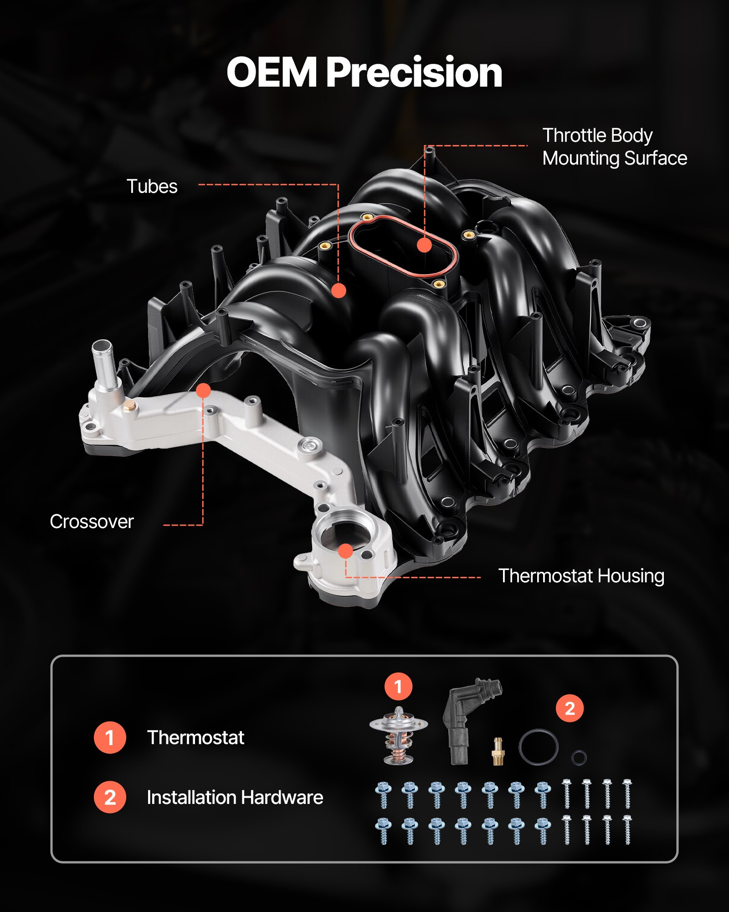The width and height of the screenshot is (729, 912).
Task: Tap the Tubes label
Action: [152, 187]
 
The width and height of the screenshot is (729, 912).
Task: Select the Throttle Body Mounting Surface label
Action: [614, 147]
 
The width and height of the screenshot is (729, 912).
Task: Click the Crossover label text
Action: [92, 522]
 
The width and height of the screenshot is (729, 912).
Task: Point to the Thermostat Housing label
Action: [581, 576]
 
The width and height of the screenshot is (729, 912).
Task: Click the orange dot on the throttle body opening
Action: [424, 245]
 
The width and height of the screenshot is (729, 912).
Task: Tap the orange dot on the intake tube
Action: [339, 290]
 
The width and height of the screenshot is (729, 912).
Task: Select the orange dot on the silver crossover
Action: [203, 390]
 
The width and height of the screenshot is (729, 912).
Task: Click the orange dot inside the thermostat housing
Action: [346, 551]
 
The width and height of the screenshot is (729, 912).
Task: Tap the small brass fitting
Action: [498, 751]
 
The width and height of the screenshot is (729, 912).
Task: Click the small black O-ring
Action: [579, 757]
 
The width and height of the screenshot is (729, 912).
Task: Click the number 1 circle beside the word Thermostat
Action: [110, 737]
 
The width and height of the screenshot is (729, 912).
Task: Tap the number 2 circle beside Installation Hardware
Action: [110, 797]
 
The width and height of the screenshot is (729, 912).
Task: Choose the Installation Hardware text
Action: [235, 798]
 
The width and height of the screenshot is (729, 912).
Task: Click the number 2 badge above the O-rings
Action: [570, 708]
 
